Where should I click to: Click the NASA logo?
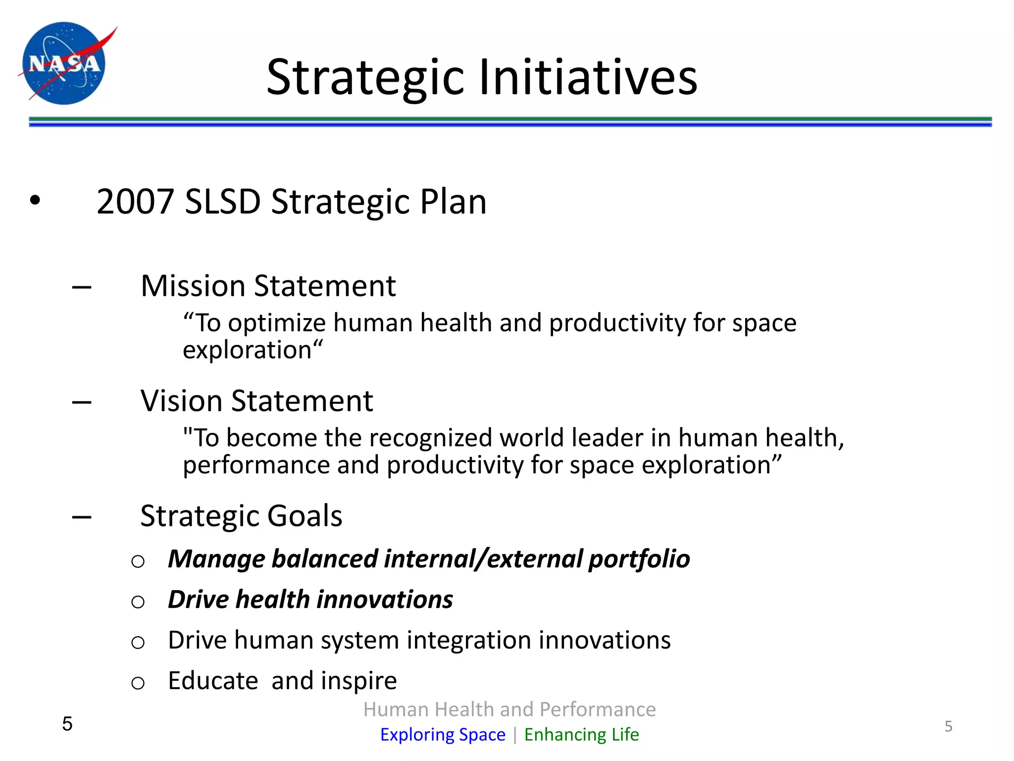pos(64,63)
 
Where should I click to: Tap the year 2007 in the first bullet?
pos(135,202)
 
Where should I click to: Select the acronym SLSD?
pos(222,202)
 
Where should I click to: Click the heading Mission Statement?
pos(268,286)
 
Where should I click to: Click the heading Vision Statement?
pos(256,401)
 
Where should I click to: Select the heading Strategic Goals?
pos(241,516)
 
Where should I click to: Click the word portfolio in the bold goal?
pos(639,559)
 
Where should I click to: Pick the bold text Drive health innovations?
pos(310,600)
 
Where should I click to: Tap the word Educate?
pos(213,681)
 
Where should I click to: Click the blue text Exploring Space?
pos(443,734)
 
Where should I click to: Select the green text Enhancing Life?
pos(581,734)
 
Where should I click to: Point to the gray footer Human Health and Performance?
pos(509,709)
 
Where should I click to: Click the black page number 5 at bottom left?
pos(67,724)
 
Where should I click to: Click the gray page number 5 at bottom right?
pos(948,726)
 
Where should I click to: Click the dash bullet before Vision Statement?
pos(82,402)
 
